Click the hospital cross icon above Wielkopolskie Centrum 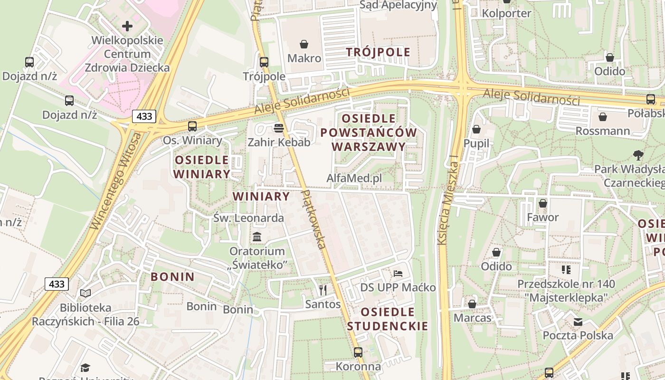(x=127, y=26)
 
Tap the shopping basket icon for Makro (x=304, y=44)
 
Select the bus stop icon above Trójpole (x=264, y=62)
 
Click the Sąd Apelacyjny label (x=398, y=5)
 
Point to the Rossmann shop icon (x=603, y=116)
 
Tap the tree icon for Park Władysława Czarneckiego (x=638, y=155)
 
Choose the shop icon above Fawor (x=543, y=203)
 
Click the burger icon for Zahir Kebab (x=279, y=128)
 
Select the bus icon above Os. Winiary (x=192, y=126)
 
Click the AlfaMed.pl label (x=354, y=178)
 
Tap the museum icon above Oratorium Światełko (x=257, y=237)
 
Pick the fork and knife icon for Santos (x=323, y=290)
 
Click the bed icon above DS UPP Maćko (x=398, y=274)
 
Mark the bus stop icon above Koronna (x=358, y=352)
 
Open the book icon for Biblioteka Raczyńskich (x=85, y=294)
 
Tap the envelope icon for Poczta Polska (x=578, y=322)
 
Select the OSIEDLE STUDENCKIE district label (x=388, y=319)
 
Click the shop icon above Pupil (x=476, y=129)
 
